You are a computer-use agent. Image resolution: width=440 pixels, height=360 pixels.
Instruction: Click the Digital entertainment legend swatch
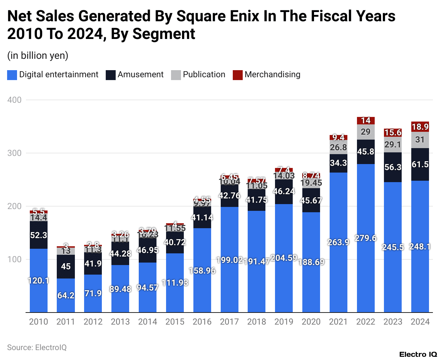tap(12, 75)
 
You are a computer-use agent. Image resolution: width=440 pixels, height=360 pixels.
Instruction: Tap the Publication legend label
tap(204, 75)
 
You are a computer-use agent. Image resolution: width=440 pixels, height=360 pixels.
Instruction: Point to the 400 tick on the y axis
tap(15, 100)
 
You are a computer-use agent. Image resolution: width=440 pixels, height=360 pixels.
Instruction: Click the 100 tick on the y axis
tap(15, 259)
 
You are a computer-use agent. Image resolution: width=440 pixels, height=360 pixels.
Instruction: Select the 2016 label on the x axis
tap(202, 322)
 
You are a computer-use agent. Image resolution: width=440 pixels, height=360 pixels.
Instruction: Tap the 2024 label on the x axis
tap(420, 322)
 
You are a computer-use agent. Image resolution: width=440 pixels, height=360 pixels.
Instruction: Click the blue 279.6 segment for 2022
tap(365, 238)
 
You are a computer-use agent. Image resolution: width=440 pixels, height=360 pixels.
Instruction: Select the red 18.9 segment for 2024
tap(420, 126)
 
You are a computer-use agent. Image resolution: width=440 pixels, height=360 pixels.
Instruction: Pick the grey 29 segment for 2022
tap(365, 132)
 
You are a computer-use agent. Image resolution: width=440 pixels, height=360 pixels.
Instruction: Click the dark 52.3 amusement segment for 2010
tap(39, 235)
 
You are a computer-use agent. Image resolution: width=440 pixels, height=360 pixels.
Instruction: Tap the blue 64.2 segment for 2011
tap(66, 295)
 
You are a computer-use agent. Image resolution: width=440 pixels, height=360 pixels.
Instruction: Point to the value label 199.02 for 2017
tap(229, 260)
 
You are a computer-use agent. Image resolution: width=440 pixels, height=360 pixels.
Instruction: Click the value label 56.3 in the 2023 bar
tap(393, 167)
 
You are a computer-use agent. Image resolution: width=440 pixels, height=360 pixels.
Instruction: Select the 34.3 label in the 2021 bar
tap(338, 163)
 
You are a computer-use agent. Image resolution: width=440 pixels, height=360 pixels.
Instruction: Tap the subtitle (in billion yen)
tap(38, 56)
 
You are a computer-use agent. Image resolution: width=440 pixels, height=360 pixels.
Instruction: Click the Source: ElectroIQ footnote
tap(37, 348)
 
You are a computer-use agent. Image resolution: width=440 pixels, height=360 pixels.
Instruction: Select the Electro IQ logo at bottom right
tap(418, 354)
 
